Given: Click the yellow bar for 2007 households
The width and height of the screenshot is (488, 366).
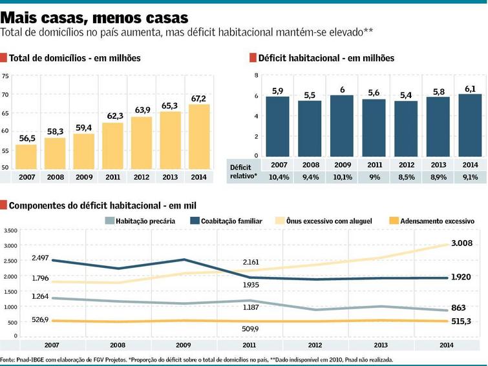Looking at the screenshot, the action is tap(26, 157).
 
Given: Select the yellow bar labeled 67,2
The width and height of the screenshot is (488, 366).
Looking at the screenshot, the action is tap(199, 137).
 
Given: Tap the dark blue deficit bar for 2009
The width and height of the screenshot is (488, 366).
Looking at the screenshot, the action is tap(342, 126).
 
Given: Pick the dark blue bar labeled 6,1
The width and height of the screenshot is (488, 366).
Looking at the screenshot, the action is tap(470, 125).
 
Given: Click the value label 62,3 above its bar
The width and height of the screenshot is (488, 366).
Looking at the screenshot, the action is tap(115, 116).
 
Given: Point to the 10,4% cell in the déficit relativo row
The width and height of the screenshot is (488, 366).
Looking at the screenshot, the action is tap(279, 177).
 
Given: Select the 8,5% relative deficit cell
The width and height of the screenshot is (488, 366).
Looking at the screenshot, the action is tap(407, 177).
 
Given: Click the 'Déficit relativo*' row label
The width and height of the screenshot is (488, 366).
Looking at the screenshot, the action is tap(244, 172).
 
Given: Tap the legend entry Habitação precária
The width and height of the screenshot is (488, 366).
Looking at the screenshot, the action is tap(140, 221).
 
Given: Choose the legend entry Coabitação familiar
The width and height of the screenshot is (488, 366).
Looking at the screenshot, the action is tap(226, 221).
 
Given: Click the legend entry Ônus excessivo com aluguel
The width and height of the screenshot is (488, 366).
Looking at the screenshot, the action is tap(324, 221).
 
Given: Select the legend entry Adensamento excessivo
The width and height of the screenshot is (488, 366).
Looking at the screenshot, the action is tap(432, 221).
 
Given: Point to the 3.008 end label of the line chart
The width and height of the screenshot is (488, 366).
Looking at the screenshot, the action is tap(462, 243).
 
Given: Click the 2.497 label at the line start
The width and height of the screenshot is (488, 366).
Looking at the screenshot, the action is tap(40, 258).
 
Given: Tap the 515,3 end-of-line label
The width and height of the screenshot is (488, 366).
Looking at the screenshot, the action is tap(461, 321).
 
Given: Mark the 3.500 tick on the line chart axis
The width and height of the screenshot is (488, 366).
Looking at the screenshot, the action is tap(10, 230).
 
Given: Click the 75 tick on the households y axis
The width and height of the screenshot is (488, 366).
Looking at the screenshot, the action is tap(5, 76).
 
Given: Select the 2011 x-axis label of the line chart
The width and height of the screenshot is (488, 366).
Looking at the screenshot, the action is tap(249, 345).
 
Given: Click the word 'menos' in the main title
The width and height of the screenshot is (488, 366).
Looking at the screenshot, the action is tap(117, 17).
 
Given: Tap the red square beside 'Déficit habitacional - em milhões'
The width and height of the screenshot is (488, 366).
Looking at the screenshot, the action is tap(253, 58).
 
